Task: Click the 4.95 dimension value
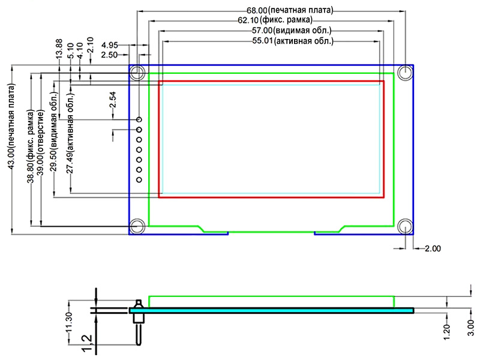tap(110, 46)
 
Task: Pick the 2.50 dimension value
tap(109, 55)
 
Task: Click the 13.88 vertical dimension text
tap(59, 49)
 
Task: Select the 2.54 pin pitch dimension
tap(113, 100)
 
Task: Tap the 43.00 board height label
tap(11, 126)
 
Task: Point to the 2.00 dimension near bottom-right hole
tap(433, 248)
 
